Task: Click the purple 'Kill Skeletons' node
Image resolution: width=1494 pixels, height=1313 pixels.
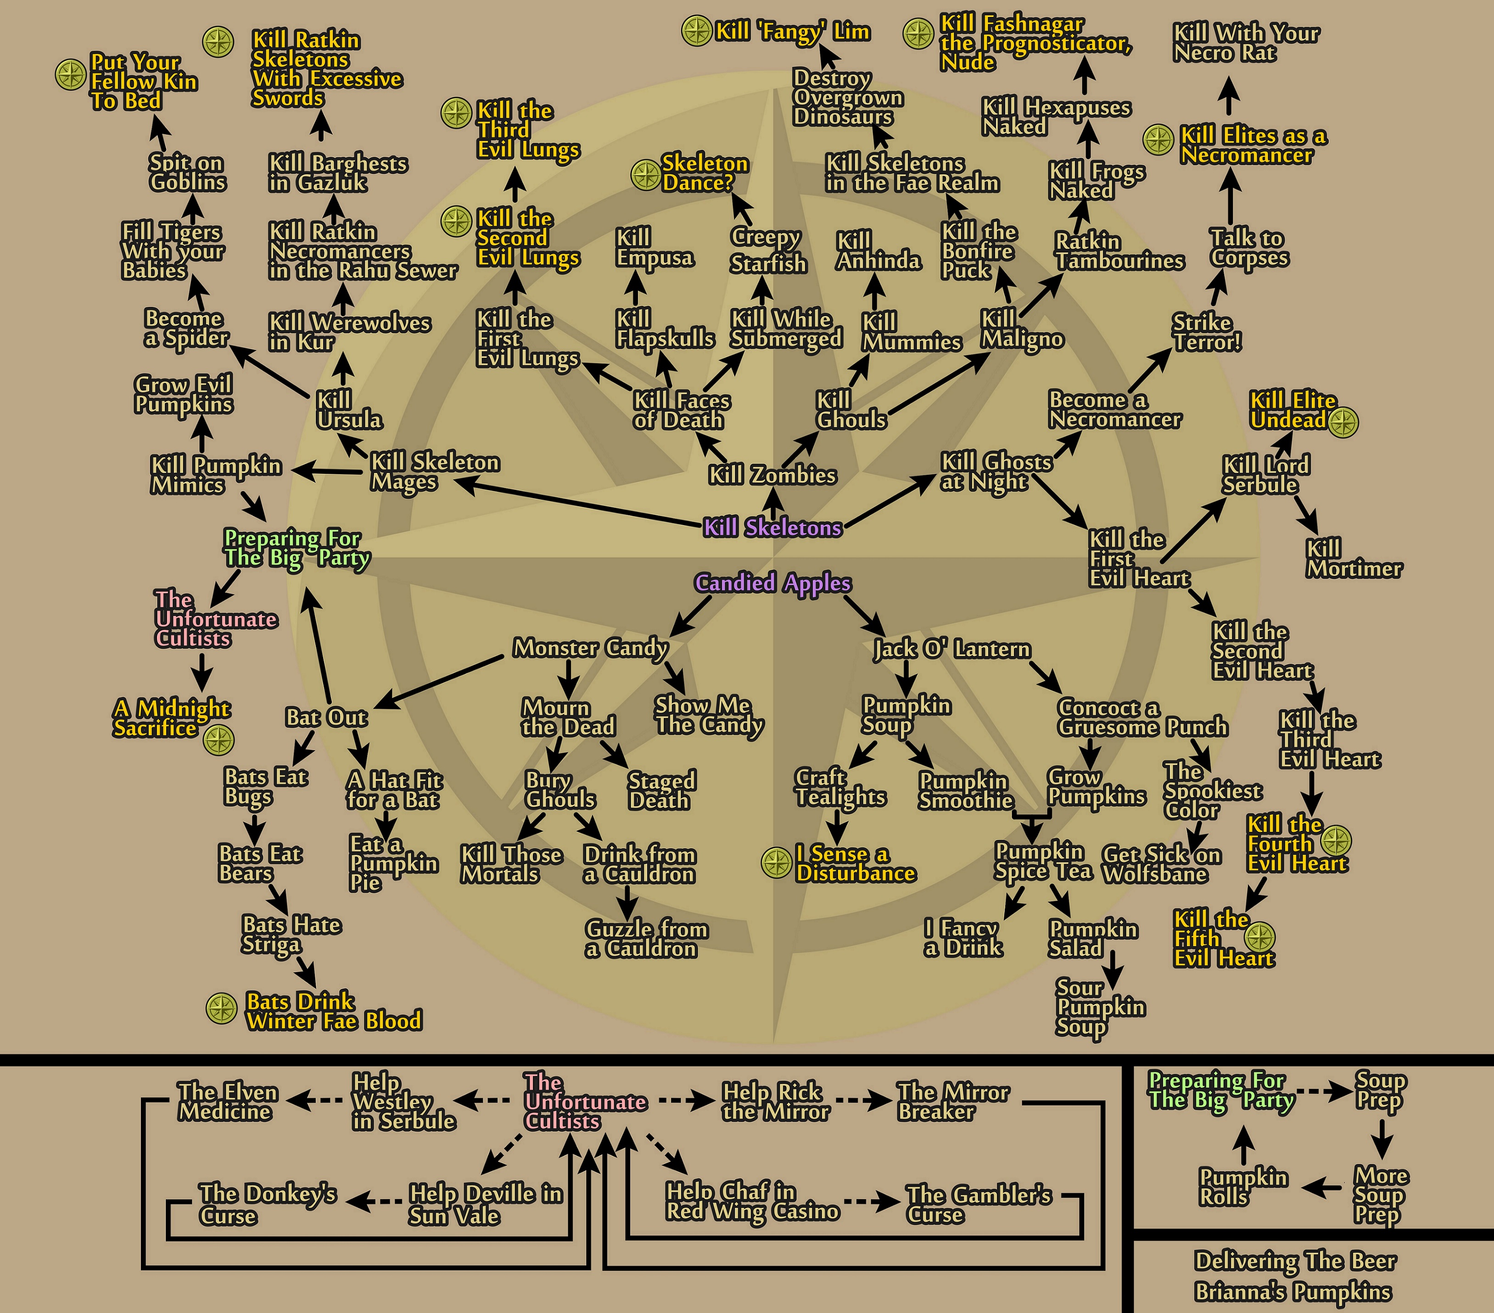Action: coord(772,528)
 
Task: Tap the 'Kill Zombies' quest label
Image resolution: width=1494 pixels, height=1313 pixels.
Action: coord(772,476)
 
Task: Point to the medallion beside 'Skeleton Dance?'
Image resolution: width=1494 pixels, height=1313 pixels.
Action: coord(646,175)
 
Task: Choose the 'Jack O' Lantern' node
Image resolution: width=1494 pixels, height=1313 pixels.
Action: coord(951,649)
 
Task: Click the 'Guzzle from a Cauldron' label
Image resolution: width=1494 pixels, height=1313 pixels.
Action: coord(647,939)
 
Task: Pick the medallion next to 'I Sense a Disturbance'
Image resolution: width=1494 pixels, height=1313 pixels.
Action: coord(776,863)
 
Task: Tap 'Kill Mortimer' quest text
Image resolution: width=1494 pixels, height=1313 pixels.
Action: coord(1354,559)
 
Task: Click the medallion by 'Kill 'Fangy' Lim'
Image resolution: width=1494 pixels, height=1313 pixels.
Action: coord(697,31)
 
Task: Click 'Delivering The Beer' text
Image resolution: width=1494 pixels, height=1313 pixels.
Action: coord(1295,1261)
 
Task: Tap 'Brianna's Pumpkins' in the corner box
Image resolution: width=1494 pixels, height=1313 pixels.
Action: coord(1293,1292)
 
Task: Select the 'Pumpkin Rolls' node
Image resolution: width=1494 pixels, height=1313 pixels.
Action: coord(1243,1187)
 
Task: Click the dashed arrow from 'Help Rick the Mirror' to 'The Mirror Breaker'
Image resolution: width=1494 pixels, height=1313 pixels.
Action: coord(864,1101)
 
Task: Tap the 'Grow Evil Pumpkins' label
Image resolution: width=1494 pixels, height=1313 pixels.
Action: coord(184,395)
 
